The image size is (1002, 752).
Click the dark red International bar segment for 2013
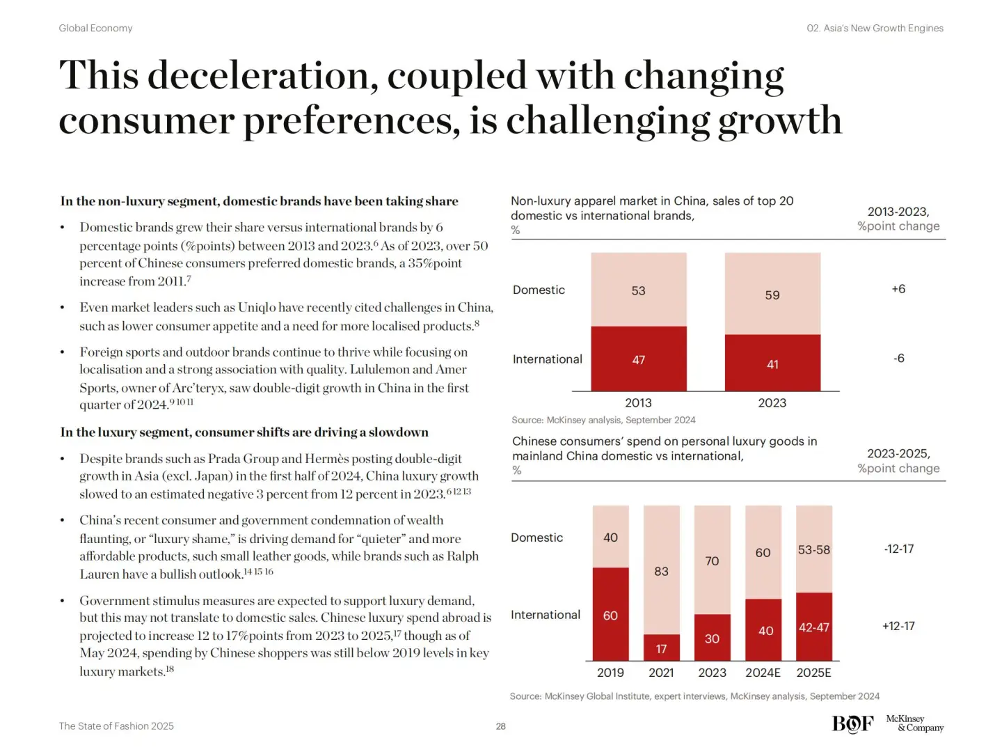pos(638,359)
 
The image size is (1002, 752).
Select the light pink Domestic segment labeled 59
pos(772,293)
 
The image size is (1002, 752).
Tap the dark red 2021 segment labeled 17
pos(661,648)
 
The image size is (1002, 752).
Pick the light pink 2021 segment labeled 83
pos(661,570)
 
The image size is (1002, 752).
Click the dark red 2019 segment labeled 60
pos(610,614)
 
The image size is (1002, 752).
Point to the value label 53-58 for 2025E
pos(813,550)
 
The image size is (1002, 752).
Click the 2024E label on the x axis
pos(763,673)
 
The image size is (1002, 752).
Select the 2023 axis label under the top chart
pos(772,403)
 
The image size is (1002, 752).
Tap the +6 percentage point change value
pos(898,289)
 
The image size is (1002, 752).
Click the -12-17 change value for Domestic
pos(898,549)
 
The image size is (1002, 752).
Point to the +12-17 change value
pos(898,626)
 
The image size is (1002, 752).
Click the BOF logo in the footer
pos(852,724)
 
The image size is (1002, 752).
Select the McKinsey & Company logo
pos(914,723)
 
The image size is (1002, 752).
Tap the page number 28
pos(501,726)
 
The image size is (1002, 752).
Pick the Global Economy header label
pos(95,29)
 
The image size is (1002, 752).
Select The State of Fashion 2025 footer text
pos(116,726)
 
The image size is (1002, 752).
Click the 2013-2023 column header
pos(898,212)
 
